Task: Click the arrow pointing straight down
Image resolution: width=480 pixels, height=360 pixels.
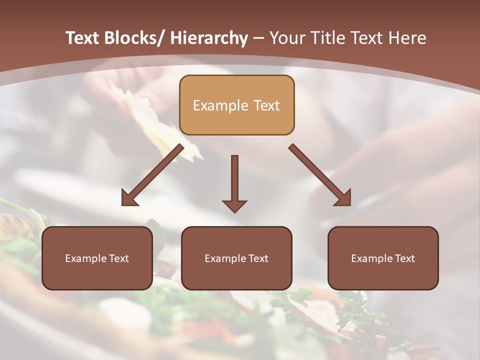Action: [x=234, y=183]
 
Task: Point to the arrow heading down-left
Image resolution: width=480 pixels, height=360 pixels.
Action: [x=153, y=175]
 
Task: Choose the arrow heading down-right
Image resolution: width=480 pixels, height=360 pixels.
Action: [x=320, y=175]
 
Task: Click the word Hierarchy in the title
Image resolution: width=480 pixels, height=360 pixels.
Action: [x=209, y=38]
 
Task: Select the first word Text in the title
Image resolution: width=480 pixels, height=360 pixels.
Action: [x=83, y=38]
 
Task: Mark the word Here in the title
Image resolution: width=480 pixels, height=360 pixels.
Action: [x=408, y=38]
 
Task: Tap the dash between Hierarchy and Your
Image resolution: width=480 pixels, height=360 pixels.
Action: [x=258, y=38]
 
